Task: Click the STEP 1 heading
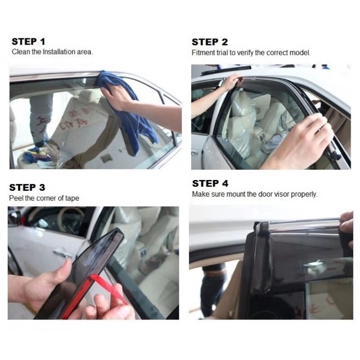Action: pyautogui.click(x=29, y=42)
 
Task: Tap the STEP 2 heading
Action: pyautogui.click(x=210, y=42)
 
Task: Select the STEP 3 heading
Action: pyautogui.click(x=27, y=187)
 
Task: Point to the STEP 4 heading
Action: pyautogui.click(x=210, y=184)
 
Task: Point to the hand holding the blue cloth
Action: pyautogui.click(x=129, y=101)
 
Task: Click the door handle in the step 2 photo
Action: pyautogui.click(x=195, y=152)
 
